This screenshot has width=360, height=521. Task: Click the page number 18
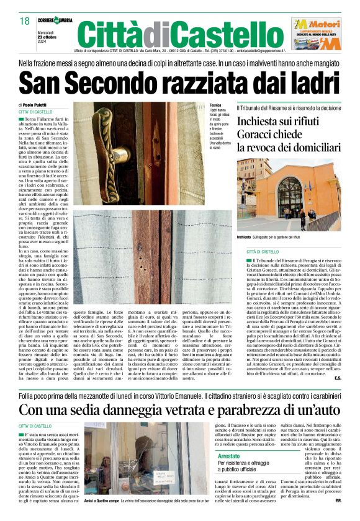24,21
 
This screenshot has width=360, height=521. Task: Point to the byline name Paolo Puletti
39,105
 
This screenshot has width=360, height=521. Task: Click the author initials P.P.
338,501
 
